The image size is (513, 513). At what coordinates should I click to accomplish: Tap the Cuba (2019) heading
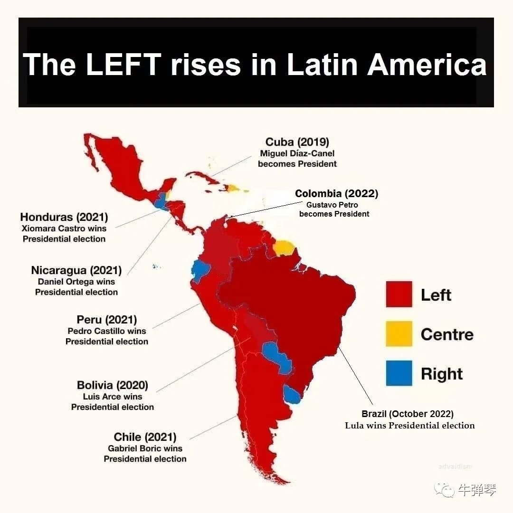(297, 142)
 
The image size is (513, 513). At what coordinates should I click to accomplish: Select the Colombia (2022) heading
(336, 194)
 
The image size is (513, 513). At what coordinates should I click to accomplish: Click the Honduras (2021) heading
(64, 217)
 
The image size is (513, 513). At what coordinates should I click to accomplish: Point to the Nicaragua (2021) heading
(76, 270)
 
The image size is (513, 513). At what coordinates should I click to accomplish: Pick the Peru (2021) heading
(107, 320)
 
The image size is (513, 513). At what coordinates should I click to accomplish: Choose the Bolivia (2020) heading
(113, 385)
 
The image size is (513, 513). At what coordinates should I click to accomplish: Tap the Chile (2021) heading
(145, 437)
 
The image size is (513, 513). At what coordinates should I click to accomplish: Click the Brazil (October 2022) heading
(408, 414)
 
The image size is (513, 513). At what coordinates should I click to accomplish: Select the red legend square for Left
(399, 294)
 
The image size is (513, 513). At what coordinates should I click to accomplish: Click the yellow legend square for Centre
(399, 334)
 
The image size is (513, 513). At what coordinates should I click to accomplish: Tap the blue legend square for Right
(399, 373)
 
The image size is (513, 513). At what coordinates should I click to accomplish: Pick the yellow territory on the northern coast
(285, 247)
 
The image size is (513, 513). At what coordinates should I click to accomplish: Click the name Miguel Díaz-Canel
(297, 153)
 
